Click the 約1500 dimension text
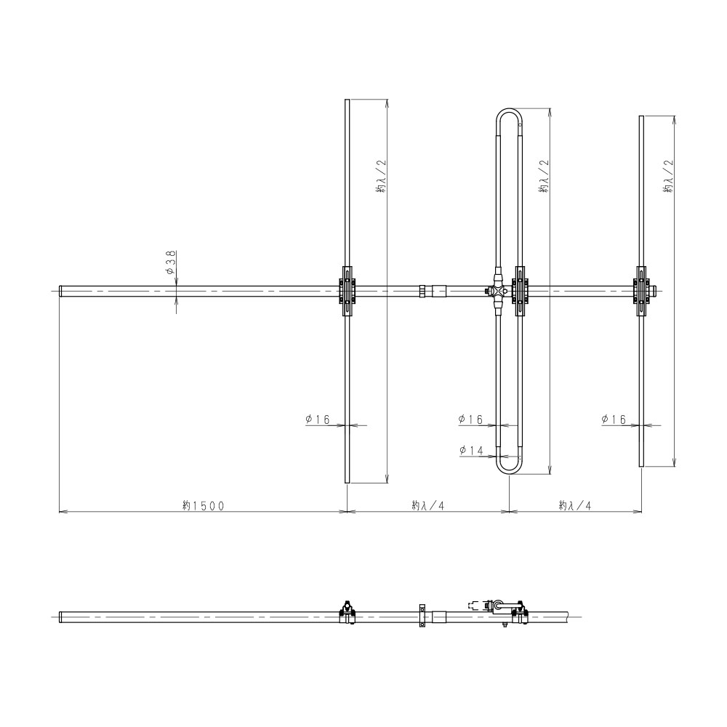pos(203,505)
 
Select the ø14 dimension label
pos(471,450)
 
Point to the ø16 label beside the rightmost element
pos(614,419)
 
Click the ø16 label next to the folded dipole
pos(470,419)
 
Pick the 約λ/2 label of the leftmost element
pos(381,176)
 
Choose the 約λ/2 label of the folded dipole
pos(544,176)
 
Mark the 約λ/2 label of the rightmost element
pos(668,176)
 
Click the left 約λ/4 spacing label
pos(428,505)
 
